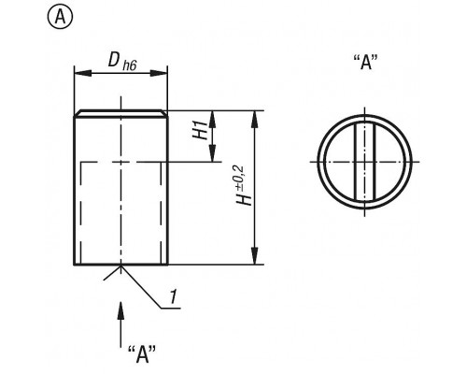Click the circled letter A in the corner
pyautogui.click(x=60, y=18)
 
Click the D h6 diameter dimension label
pyautogui.click(x=122, y=62)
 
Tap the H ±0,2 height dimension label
pyautogui.click(x=244, y=185)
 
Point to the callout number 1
pyautogui.click(x=174, y=296)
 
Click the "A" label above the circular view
pyautogui.click(x=366, y=62)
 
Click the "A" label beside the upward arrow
pyautogui.click(x=142, y=353)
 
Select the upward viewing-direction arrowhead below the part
pyautogui.click(x=120, y=309)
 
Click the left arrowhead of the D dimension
pyautogui.click(x=83, y=73)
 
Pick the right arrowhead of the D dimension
pyautogui.click(x=159, y=73)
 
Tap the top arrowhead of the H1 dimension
pyautogui.click(x=213, y=119)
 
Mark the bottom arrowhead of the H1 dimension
pyautogui.click(x=213, y=153)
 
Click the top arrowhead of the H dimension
pyautogui.click(x=255, y=119)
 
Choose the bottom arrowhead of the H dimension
pyautogui.click(x=255, y=256)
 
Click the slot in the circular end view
pyautogui.click(x=365, y=162)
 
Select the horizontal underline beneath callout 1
pyautogui.click(x=171, y=309)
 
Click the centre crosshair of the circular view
pyautogui.click(x=365, y=162)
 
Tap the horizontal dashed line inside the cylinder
pyautogui.click(x=120, y=162)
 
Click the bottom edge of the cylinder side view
pyautogui.click(x=120, y=265)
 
